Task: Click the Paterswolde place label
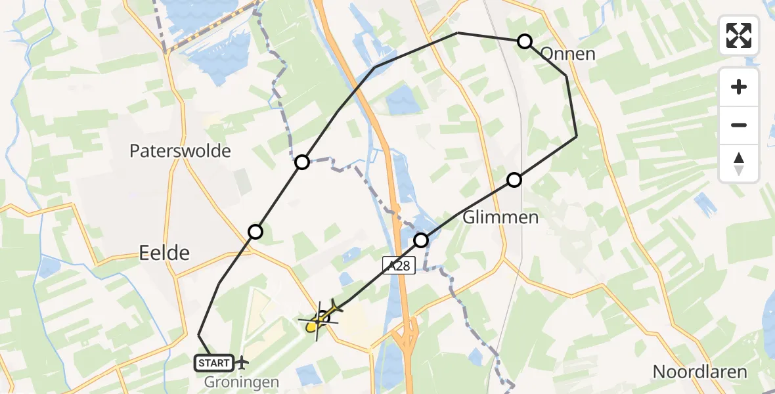coord(180,151)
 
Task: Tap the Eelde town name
coord(164,252)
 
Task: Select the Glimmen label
coord(500,217)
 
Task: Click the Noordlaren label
coord(699,372)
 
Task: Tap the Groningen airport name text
coord(242,382)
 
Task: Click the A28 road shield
coord(398,265)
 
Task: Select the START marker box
coord(213,362)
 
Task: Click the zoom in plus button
coord(739,87)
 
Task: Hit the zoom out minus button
coord(739,125)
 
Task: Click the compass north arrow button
coord(739,164)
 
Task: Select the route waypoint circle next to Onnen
coord(524,41)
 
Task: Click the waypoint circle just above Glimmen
coord(514,179)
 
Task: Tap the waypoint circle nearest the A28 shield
coord(421,240)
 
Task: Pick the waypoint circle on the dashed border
coord(301,162)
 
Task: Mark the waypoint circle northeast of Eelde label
coord(255,231)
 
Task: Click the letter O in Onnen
coord(547,54)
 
